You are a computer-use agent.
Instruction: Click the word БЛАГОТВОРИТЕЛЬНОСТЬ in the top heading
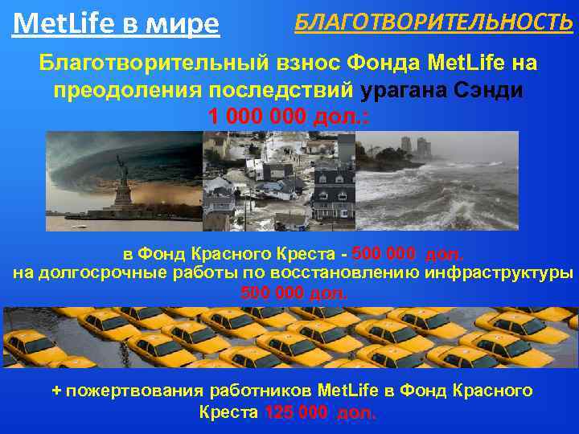point(433,23)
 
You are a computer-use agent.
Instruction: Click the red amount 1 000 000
point(257,116)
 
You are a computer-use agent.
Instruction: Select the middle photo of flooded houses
point(277,181)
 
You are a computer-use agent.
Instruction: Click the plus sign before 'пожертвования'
point(56,391)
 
